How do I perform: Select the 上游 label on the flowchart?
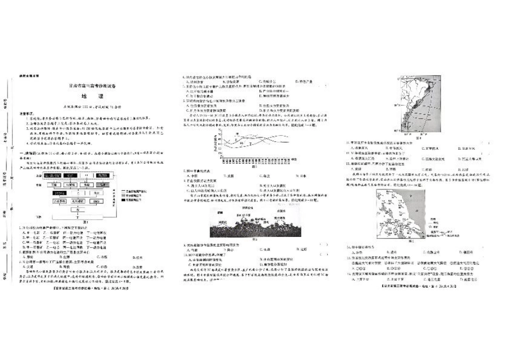tap(38, 174)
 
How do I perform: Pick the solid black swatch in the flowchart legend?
tap(124, 197)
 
